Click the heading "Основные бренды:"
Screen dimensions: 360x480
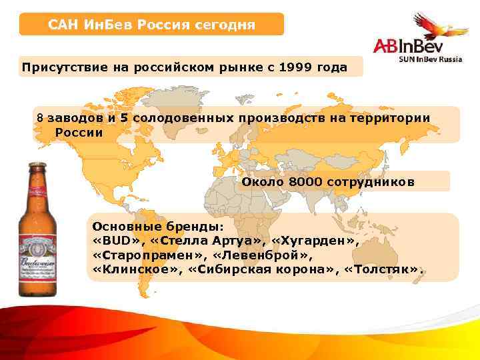click(141, 226)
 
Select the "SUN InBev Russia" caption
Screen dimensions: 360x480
click(433, 60)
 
